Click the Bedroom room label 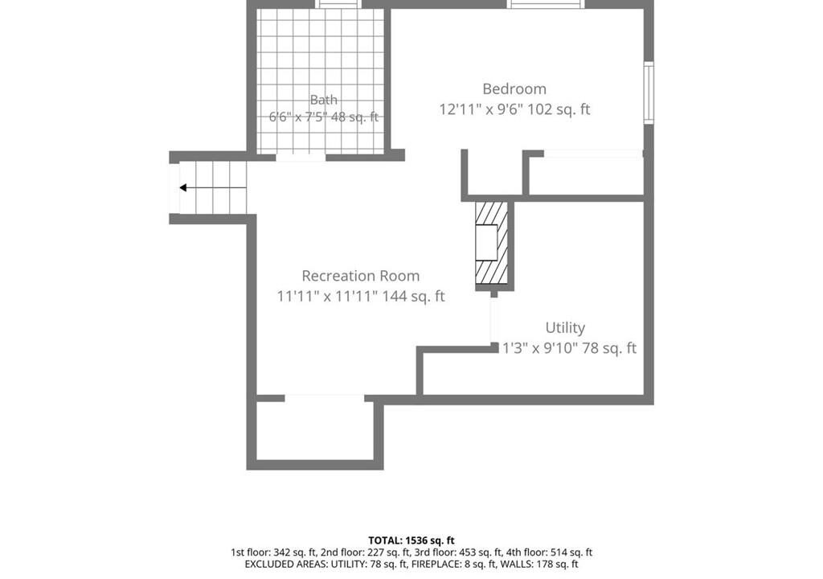tap(514, 88)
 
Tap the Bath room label tap(323, 99)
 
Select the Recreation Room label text tap(361, 276)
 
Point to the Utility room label tap(565, 328)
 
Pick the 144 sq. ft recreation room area tap(413, 296)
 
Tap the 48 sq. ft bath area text tap(354, 117)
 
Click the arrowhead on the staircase tap(183, 187)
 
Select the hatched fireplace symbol tap(492, 244)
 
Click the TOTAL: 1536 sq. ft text tap(411, 540)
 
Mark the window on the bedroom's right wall tap(649, 92)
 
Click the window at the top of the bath tap(338, 4)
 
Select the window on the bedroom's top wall tap(546, 4)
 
